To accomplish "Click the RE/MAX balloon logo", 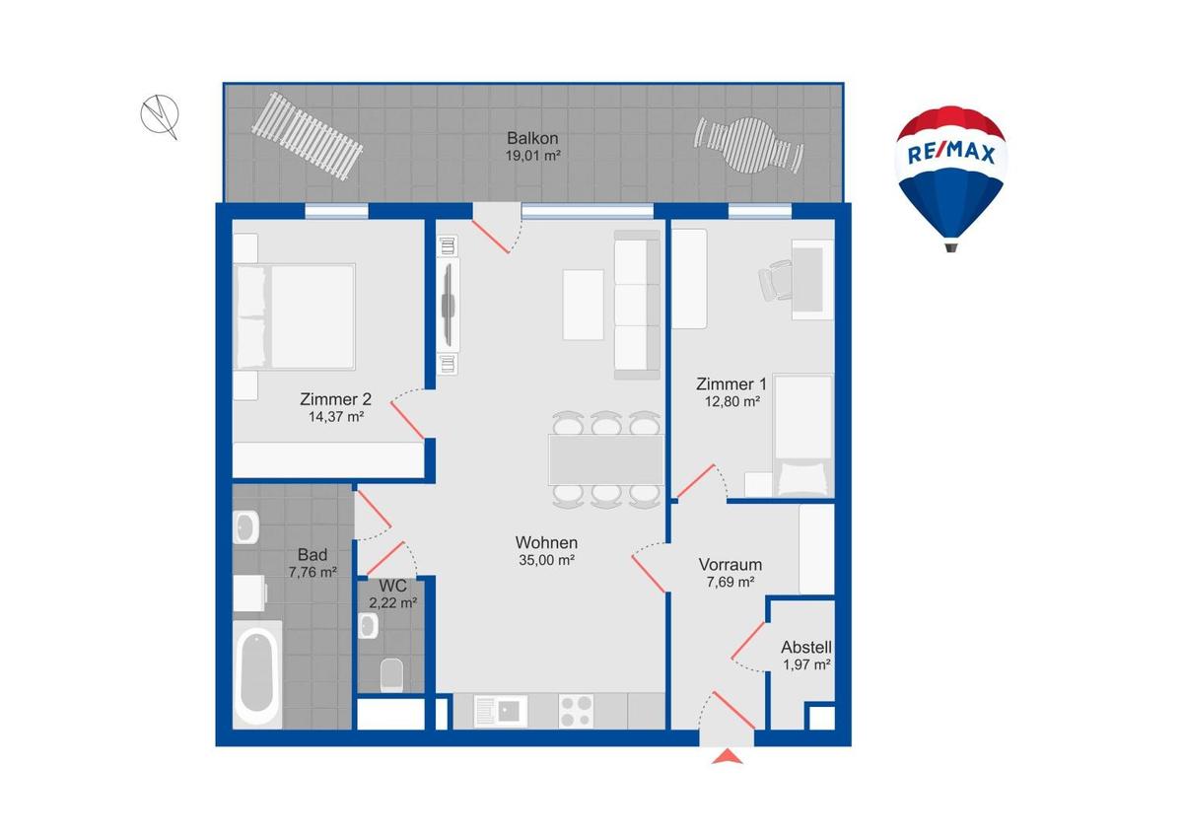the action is pos(950,178).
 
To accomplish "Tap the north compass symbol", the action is pos(160,116).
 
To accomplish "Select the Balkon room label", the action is pos(532,138).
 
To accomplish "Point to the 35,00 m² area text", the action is pos(546,560).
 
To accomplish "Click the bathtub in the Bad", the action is pos(257,673).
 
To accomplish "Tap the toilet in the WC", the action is pos(391,674).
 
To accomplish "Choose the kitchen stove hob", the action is pos(576,711).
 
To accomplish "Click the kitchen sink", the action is pos(501,711).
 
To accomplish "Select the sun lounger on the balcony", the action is pos(307,136).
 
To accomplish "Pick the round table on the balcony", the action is pos(749,144).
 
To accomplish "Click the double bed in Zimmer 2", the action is pos(294,316).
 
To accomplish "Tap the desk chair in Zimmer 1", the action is pos(775,280).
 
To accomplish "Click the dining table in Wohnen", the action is pos(606,459).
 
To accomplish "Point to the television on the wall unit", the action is pos(449,305).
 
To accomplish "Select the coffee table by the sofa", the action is pos(583,305).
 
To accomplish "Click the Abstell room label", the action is pos(806,647).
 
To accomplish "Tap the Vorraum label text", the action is pos(730,565).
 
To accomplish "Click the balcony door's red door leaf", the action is pos(491,237).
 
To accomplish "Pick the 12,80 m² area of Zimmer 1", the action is pos(731,401).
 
